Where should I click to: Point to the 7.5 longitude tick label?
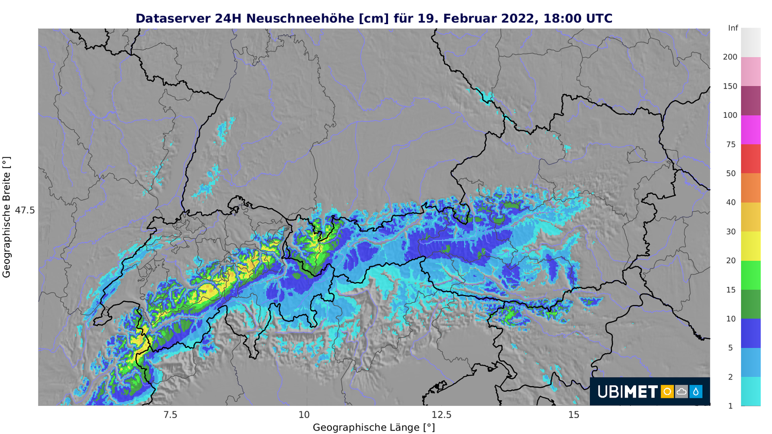(170, 415)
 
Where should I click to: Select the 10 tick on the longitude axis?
(304, 415)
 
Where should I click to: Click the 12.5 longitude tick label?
(441, 415)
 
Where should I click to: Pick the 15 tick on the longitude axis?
(574, 415)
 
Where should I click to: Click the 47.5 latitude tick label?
(25, 210)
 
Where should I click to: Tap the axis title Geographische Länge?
(374, 427)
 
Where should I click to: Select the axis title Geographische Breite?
(7, 218)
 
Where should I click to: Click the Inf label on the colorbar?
(733, 28)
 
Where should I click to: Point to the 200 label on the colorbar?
(730, 57)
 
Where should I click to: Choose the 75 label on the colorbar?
(731, 144)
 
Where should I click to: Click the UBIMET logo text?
(627, 392)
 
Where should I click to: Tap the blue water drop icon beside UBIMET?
(696, 392)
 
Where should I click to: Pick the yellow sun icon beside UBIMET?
(667, 392)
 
